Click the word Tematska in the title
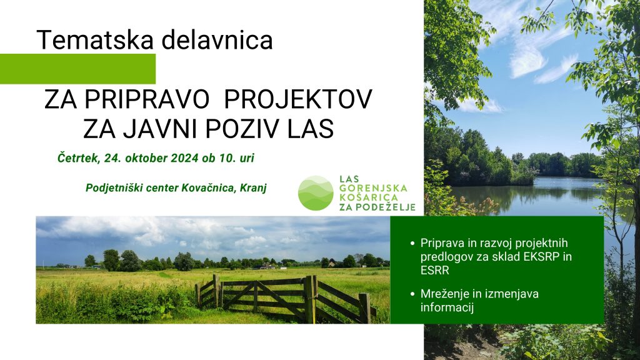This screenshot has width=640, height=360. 96,40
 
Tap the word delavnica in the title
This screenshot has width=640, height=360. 217,39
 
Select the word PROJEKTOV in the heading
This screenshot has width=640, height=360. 298,99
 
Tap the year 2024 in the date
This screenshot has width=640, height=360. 185,158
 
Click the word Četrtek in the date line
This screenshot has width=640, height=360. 79,158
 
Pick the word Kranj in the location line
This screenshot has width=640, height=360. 254,188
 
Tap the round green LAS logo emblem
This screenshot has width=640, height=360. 316,192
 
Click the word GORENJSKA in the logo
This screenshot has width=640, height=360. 373,189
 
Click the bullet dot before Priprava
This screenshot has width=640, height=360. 412,244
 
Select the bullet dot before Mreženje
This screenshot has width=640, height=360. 412,294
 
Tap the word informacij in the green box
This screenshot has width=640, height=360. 447,307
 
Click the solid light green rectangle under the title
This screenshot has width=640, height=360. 77,69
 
